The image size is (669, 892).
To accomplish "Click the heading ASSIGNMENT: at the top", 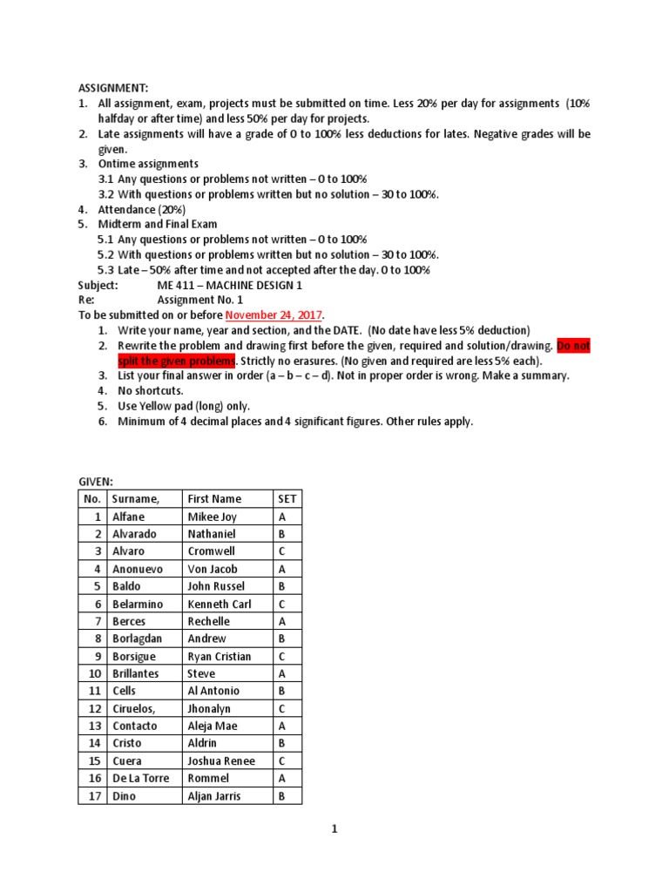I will click(114, 88).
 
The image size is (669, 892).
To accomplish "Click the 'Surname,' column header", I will click(136, 499).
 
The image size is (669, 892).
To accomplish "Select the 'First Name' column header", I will click(214, 499).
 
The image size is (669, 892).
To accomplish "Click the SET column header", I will click(287, 499).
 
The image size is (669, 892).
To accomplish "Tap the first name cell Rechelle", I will click(209, 621).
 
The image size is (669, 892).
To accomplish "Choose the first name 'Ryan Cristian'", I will click(220, 656).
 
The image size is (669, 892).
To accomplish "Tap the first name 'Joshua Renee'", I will click(221, 760).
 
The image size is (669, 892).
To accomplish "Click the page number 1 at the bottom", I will click(334, 829).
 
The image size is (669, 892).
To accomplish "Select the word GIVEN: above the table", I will click(97, 480).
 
